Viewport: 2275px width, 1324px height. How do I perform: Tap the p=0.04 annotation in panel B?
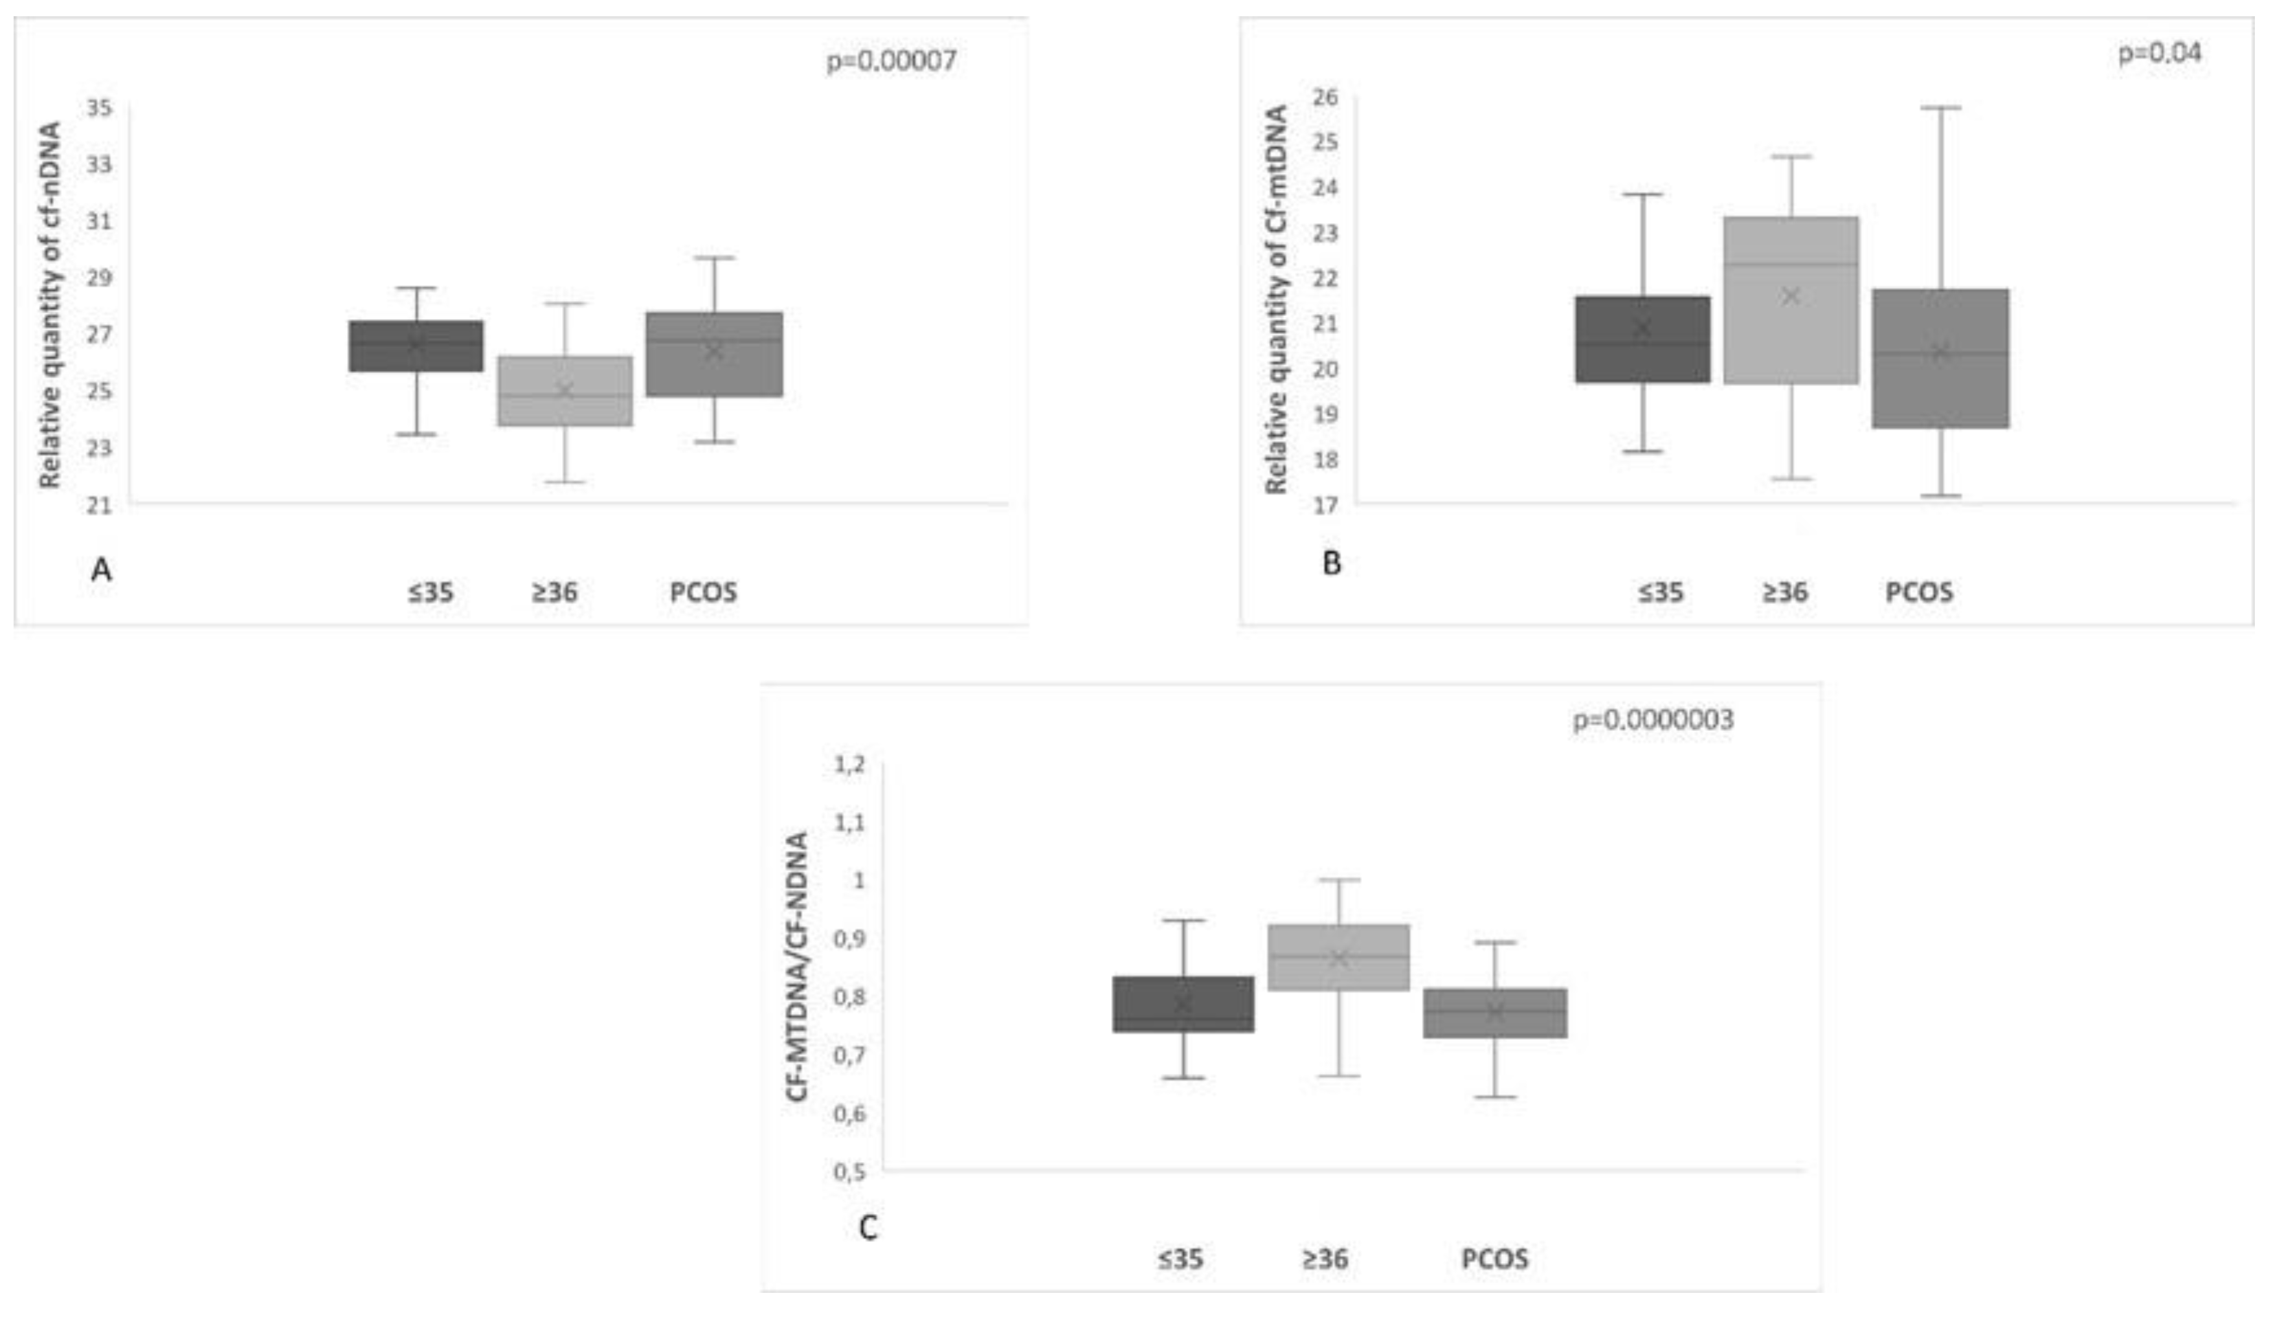(2160, 53)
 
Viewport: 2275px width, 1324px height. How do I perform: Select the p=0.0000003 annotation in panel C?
(1653, 720)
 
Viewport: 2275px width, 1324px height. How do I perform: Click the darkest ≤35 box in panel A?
(416, 346)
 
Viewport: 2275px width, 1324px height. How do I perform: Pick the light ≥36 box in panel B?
(1790, 300)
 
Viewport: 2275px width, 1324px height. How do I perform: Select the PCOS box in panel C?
(1495, 1013)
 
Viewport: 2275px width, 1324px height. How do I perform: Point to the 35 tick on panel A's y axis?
(100, 108)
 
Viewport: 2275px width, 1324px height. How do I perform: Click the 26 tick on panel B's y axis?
(1325, 96)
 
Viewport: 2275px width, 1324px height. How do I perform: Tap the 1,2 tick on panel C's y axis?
(849, 765)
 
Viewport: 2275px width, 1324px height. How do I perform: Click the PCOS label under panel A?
(703, 593)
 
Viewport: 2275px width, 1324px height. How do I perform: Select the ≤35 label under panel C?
(1180, 1259)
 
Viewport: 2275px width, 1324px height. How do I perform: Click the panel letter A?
(102, 570)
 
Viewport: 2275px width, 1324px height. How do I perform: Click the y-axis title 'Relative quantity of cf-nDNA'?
(50, 305)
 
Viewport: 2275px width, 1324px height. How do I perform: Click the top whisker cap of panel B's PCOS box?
(1940, 107)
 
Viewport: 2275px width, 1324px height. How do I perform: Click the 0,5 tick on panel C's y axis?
(849, 1171)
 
